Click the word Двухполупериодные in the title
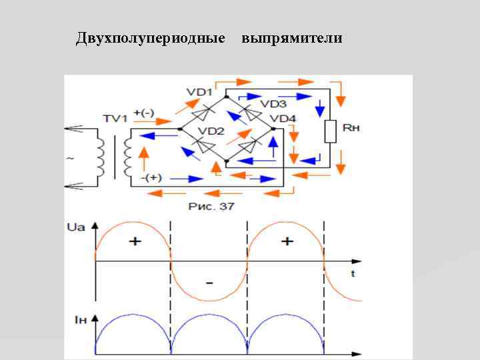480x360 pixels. pos(150,38)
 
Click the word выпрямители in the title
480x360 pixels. pos(292,38)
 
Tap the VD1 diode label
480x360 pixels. pos(199,91)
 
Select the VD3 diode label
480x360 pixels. pos(273,104)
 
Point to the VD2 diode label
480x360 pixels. pos(212,131)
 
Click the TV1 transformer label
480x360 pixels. pos(115,119)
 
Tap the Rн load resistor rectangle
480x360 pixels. pos(329,132)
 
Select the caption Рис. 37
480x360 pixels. pos(211,207)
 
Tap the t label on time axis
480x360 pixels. pos(352,273)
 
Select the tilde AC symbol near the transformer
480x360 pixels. pos(69,159)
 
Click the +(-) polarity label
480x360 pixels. pos(144,113)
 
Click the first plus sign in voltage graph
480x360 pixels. pos(135,241)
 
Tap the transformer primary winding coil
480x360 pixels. pos(100,159)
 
